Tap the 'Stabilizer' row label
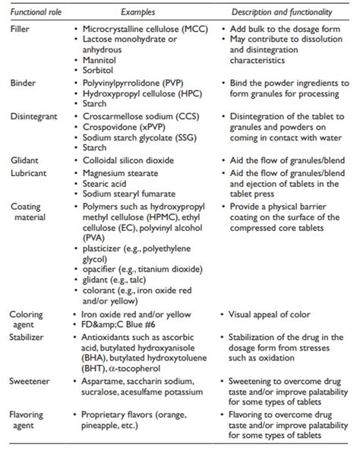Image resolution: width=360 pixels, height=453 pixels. click(x=28, y=338)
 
